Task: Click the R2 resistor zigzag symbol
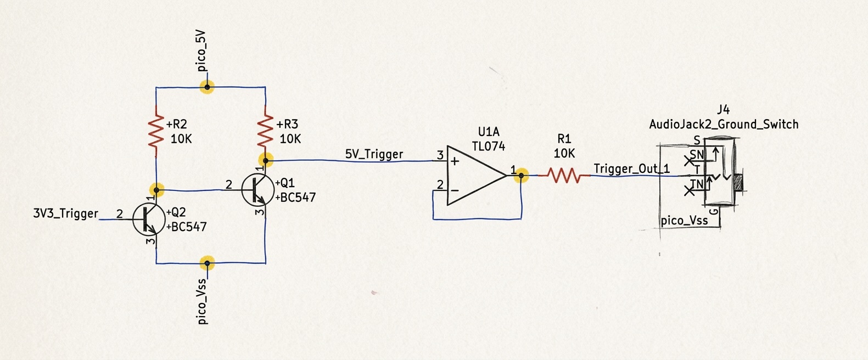click(x=157, y=132)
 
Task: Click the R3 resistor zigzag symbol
click(x=265, y=132)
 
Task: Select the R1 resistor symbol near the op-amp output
click(x=564, y=176)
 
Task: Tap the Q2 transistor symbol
click(x=149, y=219)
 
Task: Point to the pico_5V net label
click(x=201, y=53)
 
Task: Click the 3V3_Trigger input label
click(x=66, y=213)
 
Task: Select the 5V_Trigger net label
click(x=374, y=154)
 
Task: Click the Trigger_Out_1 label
click(x=631, y=168)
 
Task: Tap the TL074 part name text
click(x=488, y=146)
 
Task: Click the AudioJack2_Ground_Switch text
click(x=723, y=125)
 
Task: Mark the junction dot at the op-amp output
click(x=520, y=176)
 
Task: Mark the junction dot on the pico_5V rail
click(x=207, y=87)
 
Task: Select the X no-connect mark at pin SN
click(x=688, y=161)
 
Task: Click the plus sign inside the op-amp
click(x=455, y=161)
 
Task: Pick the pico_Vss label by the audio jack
click(x=684, y=221)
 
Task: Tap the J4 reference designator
click(x=723, y=109)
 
